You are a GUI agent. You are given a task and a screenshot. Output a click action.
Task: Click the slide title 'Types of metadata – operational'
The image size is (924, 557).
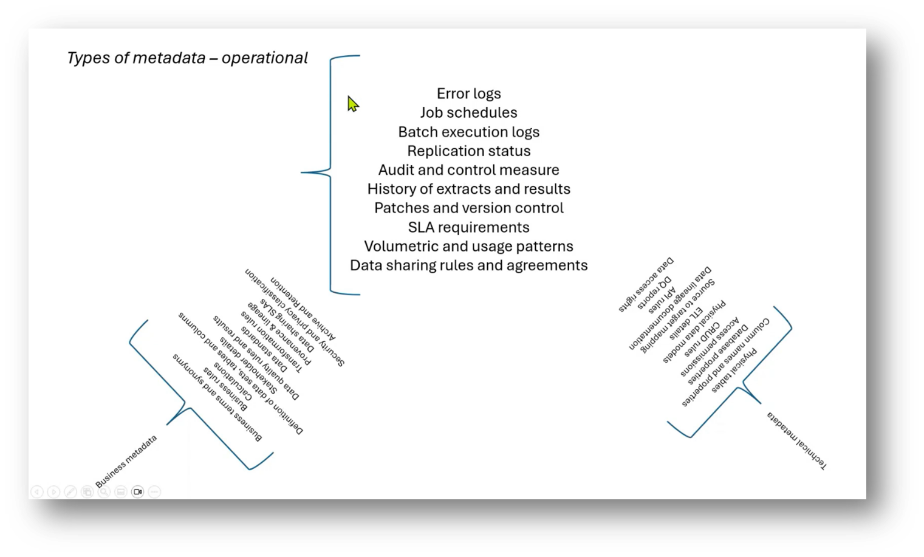[x=187, y=58]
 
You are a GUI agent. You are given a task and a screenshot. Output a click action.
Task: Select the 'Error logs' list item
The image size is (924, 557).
[x=468, y=94]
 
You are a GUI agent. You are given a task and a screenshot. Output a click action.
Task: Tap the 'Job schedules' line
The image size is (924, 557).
[x=468, y=112]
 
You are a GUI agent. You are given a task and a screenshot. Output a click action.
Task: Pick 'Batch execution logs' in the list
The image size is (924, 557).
[x=468, y=132]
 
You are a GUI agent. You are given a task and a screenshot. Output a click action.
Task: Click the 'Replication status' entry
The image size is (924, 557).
[x=468, y=151]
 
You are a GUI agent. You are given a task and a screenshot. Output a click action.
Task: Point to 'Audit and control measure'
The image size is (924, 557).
[x=468, y=170]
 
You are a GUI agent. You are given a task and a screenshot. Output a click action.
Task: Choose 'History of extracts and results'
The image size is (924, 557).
[x=468, y=189]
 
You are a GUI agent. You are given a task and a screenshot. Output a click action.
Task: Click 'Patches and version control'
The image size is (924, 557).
[x=468, y=208]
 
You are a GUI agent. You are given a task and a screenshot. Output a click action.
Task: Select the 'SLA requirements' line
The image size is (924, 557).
[x=468, y=227]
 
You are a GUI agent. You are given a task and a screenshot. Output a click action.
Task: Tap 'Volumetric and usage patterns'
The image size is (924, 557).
[x=468, y=246]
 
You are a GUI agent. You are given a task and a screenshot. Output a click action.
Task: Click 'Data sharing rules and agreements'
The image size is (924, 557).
[x=468, y=265]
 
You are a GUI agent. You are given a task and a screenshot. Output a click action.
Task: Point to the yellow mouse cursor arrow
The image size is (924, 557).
[x=352, y=104]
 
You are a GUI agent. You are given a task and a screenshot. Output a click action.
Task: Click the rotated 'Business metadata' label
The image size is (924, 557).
[x=126, y=461]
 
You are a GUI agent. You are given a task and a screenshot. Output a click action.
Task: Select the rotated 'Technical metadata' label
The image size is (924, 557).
[x=796, y=440]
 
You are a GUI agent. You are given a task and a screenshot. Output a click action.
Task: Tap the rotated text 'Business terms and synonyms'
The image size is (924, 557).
[x=217, y=397]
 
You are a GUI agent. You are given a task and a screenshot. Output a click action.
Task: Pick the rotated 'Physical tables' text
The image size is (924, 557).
[x=734, y=371]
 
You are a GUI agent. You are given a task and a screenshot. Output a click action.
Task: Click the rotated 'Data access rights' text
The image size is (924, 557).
[x=646, y=285]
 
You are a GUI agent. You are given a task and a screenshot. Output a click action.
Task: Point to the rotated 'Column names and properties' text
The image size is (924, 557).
[x=725, y=362]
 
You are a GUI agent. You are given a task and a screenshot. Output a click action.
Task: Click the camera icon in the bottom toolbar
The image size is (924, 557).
[x=137, y=491]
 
